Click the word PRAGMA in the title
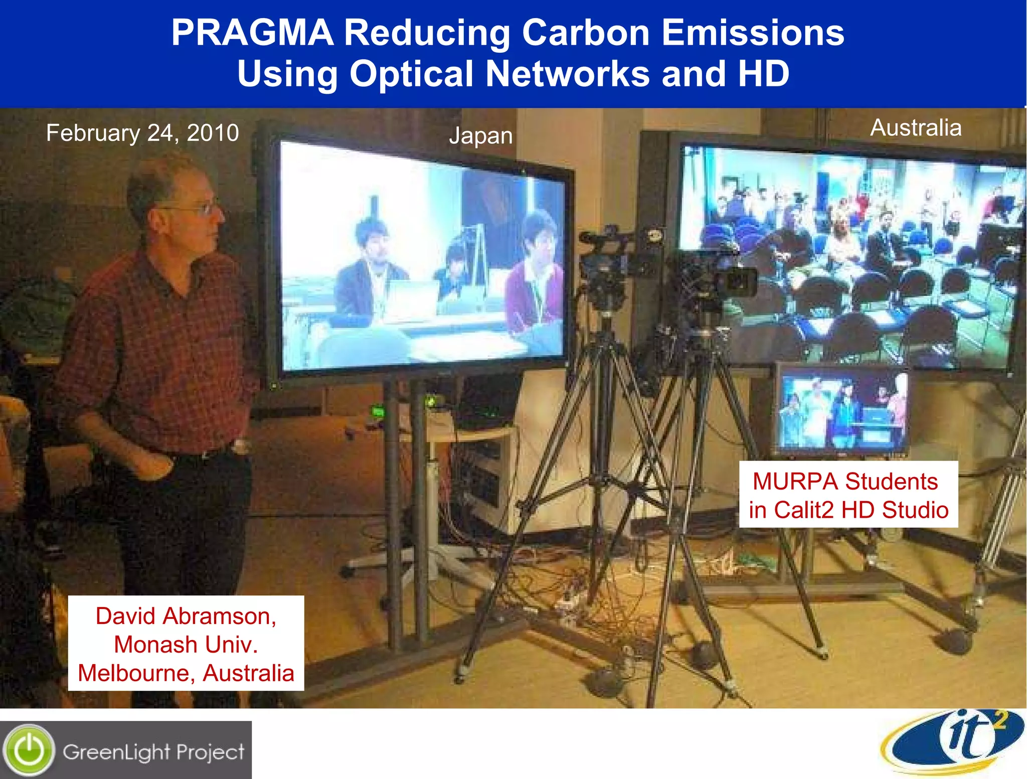[252, 33]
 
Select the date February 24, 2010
[142, 133]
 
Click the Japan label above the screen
[481, 136]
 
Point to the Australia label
[916, 127]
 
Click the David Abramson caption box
[186, 644]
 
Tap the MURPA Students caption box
[848, 495]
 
